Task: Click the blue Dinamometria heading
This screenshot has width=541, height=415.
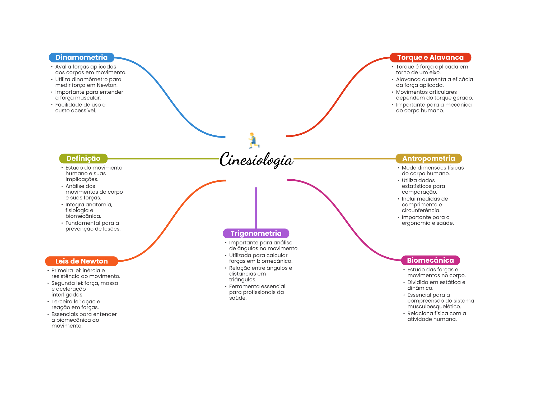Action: tap(81, 57)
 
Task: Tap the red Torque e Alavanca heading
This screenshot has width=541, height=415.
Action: tap(430, 57)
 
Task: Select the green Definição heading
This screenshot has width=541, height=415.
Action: tap(83, 158)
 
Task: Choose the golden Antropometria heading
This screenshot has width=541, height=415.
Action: tap(428, 158)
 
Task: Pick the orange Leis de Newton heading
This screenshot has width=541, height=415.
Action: tap(81, 261)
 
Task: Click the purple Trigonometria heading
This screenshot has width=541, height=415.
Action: tap(256, 233)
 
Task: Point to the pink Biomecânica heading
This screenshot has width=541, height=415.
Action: tap(430, 260)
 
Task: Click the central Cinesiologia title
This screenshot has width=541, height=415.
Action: tap(256, 159)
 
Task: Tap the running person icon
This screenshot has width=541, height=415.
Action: tap(253, 140)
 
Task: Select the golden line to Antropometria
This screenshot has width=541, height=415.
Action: tap(343, 158)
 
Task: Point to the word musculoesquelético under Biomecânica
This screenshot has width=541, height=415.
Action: tap(434, 307)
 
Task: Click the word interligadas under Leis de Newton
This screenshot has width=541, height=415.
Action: tap(67, 295)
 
